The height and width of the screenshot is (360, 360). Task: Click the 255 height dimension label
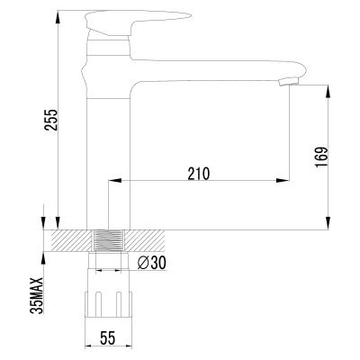51,120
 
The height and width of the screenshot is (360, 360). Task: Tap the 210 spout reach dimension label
198,174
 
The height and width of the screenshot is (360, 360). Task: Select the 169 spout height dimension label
321,157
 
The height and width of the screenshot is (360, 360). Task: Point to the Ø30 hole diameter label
151,263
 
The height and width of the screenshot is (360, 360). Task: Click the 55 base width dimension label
107,338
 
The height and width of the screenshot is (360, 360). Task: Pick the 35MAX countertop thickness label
38,295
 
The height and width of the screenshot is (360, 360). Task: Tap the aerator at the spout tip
288,82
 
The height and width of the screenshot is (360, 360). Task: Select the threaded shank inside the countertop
108,240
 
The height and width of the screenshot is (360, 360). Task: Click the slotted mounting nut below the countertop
109,304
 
